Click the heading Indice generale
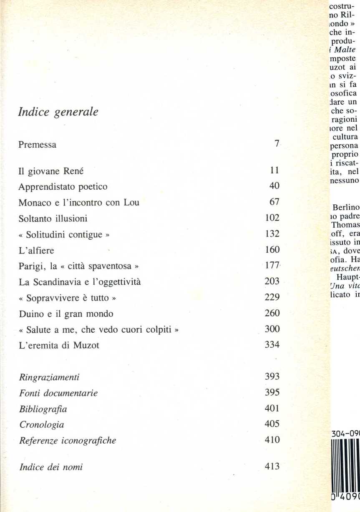(x=58, y=113)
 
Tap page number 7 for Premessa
(x=276, y=144)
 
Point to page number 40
(x=274, y=186)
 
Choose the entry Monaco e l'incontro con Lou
(x=79, y=203)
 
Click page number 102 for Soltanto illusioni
(x=272, y=218)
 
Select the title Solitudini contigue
(x=65, y=235)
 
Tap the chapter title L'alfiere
(x=36, y=251)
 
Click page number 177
(x=272, y=266)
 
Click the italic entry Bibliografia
(x=43, y=409)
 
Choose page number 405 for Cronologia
(x=272, y=424)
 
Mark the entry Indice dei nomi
(x=51, y=456)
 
